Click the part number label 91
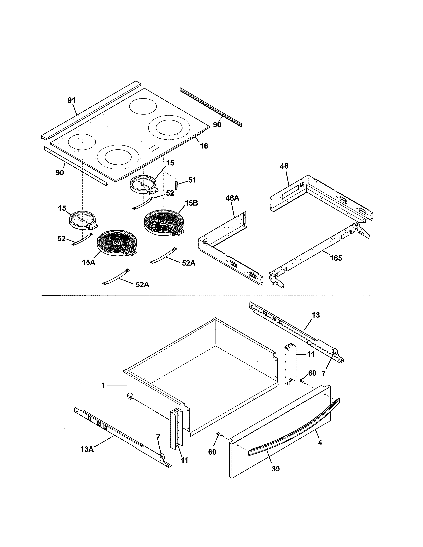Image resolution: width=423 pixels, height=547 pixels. pyautogui.click(x=71, y=100)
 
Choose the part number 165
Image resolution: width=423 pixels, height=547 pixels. pyautogui.click(x=336, y=258)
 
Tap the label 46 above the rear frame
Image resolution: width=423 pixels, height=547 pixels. pyautogui.click(x=284, y=166)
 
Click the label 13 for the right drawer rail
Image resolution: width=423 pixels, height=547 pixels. pyautogui.click(x=316, y=315)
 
